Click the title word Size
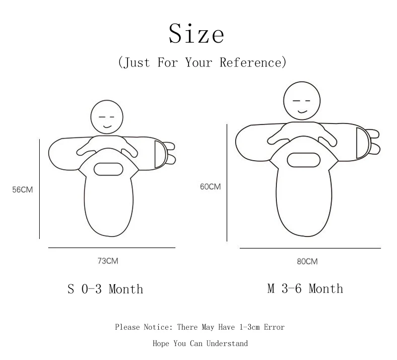[x=197, y=34]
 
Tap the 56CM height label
[x=23, y=190]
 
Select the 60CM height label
[x=210, y=187]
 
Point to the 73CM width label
[x=108, y=261]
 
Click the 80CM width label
[x=307, y=261]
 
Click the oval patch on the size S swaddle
[x=108, y=169]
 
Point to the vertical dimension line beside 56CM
[x=39, y=189]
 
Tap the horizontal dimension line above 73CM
[x=112, y=247]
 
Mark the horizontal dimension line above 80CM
[x=310, y=247]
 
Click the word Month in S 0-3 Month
[x=126, y=289]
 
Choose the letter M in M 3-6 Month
[x=271, y=289]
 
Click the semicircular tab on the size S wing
[x=160, y=154]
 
